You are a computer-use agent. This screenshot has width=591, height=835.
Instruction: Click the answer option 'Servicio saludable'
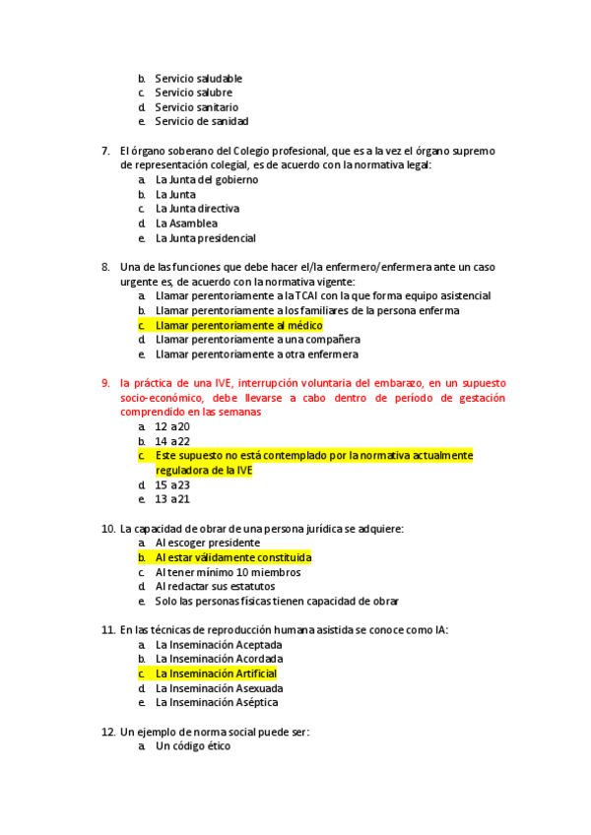click(198, 78)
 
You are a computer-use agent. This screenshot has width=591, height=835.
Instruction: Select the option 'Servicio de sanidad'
click(201, 121)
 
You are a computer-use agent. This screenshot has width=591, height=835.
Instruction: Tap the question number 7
click(104, 151)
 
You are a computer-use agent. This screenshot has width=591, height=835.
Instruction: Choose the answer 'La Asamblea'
click(186, 224)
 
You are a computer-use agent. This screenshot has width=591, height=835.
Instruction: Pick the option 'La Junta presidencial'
click(205, 238)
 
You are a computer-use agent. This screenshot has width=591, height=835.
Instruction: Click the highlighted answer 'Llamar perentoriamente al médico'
click(238, 325)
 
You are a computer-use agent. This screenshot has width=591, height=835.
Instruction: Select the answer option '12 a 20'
click(172, 426)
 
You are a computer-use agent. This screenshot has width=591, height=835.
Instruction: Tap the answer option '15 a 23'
click(172, 484)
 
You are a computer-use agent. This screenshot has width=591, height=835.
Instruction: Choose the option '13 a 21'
click(172, 499)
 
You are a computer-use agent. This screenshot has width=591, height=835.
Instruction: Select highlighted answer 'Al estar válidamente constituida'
click(232, 557)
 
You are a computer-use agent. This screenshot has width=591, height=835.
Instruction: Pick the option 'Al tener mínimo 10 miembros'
click(228, 572)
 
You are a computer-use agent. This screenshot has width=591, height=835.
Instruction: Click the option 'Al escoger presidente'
click(207, 543)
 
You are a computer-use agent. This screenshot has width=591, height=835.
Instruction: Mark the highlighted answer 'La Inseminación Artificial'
click(215, 674)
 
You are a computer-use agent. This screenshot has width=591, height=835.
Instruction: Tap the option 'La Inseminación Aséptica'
click(216, 702)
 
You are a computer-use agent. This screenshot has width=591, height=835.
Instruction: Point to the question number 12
click(108, 733)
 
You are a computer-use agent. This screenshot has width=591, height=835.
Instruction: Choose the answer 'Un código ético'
click(192, 746)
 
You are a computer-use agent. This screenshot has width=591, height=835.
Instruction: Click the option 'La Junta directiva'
click(197, 209)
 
